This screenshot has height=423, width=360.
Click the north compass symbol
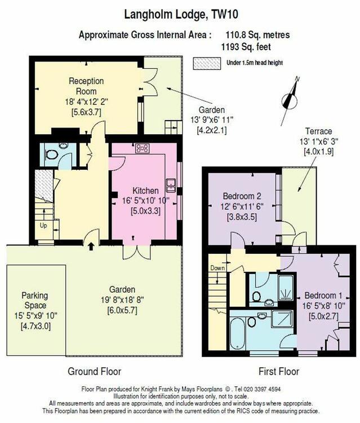point(290,101)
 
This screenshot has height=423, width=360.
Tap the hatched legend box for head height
point(207,64)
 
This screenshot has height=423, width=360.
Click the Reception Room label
point(86,86)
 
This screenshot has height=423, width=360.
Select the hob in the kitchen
point(143,148)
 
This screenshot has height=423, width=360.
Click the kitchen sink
point(171,186)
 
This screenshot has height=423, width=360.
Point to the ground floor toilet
point(52,155)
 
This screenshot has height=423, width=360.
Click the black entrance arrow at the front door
point(91,246)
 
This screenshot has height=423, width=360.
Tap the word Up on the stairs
point(43,225)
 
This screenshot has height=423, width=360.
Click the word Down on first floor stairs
point(217,268)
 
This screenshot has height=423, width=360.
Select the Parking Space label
point(35,301)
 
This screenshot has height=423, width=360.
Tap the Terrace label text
point(318,131)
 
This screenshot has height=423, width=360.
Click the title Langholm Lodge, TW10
point(181,14)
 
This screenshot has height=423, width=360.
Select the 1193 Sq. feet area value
point(246,47)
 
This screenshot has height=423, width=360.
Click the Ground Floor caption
point(94,372)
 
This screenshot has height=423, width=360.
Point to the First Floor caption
point(279,372)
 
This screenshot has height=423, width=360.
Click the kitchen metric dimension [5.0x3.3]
point(145,211)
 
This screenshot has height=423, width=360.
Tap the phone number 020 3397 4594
point(262,389)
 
